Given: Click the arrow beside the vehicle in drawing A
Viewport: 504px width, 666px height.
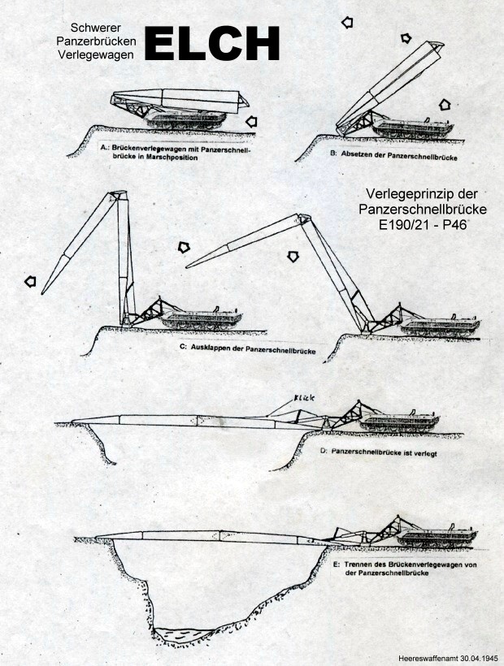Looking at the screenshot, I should point(257,120).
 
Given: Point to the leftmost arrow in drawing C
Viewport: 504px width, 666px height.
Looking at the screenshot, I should point(29,281).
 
